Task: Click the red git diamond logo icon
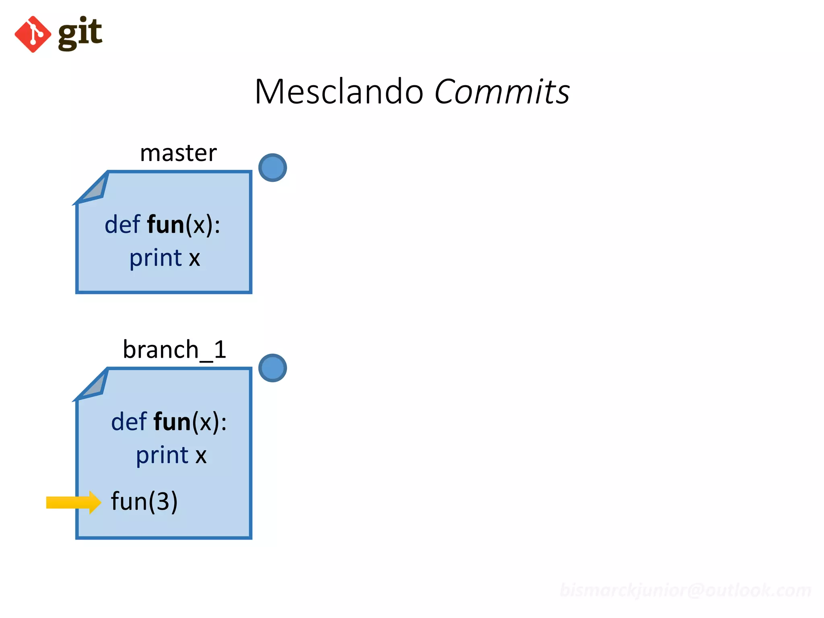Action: point(33,34)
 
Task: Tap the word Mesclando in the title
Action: point(339,92)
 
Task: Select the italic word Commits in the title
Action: point(502,92)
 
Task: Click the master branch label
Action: point(178,153)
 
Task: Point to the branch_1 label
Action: point(175,349)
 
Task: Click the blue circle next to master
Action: point(272,167)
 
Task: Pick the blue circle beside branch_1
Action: point(272,368)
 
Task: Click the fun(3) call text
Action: point(144,501)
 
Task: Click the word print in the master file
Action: point(156,258)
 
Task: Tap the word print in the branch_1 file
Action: point(162,455)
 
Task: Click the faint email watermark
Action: point(685,590)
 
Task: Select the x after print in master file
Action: point(194,258)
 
